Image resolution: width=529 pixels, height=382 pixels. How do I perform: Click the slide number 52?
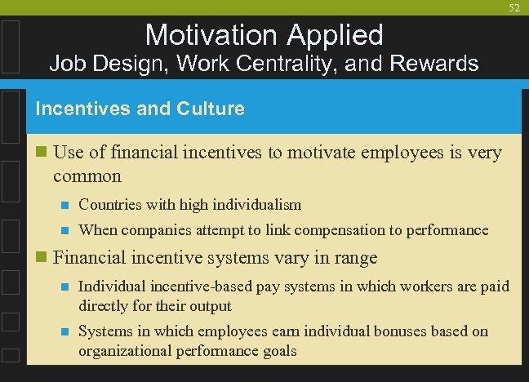coord(513,7)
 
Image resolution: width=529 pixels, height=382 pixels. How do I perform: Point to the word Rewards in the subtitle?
coord(441,63)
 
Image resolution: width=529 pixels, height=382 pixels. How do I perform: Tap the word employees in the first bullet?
coord(432,153)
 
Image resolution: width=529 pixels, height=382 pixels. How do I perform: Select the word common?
coord(87,175)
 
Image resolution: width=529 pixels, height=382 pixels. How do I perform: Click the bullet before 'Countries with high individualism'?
coord(63,205)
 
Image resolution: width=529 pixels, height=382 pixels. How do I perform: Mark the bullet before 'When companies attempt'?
coord(63,231)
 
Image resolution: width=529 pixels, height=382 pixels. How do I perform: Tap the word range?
coord(352,259)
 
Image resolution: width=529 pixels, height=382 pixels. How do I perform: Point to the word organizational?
coord(119,351)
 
